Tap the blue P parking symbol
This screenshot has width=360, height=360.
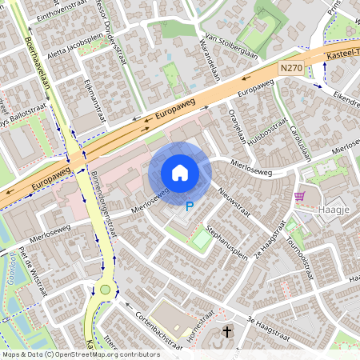(x=190, y=206)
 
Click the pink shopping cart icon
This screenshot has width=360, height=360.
(x=299, y=196)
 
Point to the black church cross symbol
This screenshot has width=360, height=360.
(x=226, y=331)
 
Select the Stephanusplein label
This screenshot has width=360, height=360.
(x=226, y=242)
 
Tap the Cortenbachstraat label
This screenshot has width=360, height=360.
(x=158, y=326)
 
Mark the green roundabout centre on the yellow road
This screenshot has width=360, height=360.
(x=105, y=290)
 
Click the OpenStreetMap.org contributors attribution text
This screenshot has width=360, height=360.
(x=108, y=354)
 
